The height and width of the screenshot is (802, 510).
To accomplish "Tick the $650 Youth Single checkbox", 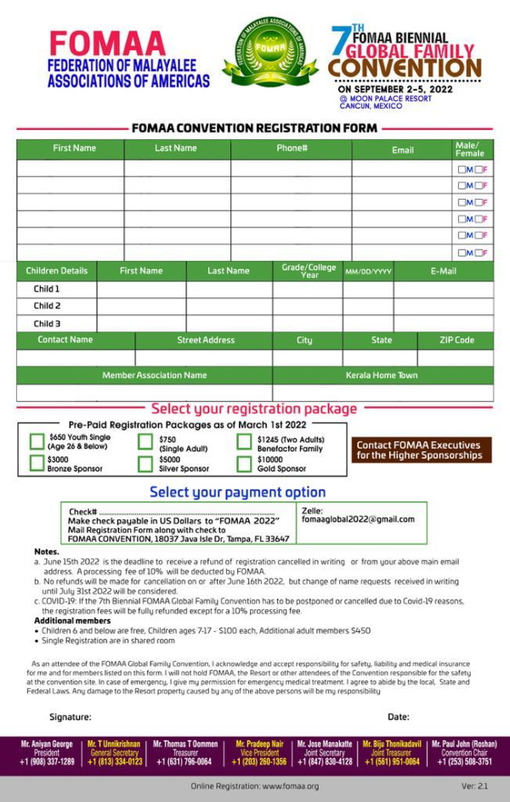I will [37, 441].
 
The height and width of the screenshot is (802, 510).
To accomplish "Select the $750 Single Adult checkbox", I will [145, 441].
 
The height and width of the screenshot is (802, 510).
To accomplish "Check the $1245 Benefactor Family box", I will [244, 441].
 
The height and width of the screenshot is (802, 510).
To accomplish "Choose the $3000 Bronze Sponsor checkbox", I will [37, 463].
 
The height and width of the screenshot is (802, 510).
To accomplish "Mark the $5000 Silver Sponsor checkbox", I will [145, 463].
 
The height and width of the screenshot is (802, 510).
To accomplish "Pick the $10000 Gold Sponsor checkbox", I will [244, 464].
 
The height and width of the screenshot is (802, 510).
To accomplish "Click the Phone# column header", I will [292, 149].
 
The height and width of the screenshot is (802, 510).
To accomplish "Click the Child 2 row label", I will [47, 306].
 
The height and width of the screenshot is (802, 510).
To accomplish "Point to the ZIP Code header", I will [456, 340].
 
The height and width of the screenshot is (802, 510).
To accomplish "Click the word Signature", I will [70, 717].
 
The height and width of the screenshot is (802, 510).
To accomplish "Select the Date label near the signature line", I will [398, 717].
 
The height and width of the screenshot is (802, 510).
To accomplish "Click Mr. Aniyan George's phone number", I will [47, 762].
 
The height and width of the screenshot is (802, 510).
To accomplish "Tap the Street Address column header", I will [206, 340].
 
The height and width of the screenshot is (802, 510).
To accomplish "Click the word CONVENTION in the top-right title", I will [405, 67].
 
